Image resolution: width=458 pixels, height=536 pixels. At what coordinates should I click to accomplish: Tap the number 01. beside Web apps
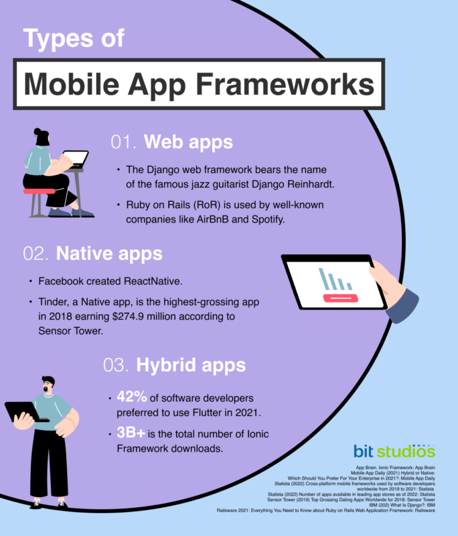coord(123,142)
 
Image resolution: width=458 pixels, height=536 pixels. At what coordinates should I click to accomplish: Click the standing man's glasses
coord(49,388)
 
